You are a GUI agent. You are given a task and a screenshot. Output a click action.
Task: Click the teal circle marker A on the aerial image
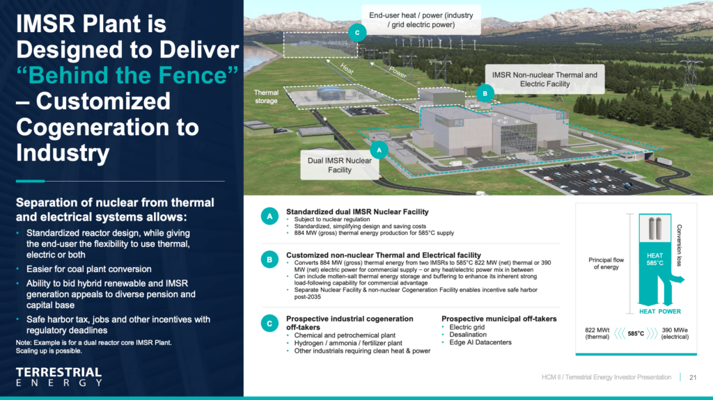point(379,150)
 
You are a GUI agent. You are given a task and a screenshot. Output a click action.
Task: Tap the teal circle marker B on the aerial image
point(485,94)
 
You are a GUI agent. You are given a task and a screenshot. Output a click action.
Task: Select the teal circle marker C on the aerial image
point(357,33)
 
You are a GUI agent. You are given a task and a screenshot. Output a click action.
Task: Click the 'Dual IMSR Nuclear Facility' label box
point(340,165)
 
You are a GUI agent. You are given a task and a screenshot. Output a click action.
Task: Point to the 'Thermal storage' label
point(266,97)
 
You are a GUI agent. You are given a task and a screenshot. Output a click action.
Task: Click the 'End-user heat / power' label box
point(421,20)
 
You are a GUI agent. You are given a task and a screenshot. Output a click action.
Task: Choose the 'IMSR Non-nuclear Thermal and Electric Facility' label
point(544,79)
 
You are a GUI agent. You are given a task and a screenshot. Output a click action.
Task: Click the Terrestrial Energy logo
point(59,377)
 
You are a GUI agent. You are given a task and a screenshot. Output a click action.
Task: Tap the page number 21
point(693,377)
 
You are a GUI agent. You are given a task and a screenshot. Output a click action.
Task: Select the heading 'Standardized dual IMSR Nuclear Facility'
point(357,211)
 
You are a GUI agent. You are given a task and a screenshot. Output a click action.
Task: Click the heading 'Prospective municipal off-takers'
point(499,319)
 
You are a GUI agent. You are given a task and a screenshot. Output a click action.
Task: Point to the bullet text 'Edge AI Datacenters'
point(480,342)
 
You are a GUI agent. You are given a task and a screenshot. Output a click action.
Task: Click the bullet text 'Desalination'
point(468,335)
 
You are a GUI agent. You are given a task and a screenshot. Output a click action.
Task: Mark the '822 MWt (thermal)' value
point(597,334)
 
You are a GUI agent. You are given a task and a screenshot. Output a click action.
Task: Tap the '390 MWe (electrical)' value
point(675,334)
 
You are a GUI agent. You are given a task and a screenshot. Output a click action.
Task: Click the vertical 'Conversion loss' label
point(680,245)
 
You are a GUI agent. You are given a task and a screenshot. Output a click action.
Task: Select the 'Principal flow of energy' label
point(606,263)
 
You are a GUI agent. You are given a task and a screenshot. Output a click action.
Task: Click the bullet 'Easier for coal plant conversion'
point(88,269)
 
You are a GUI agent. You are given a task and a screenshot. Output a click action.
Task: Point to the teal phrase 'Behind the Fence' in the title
point(127,75)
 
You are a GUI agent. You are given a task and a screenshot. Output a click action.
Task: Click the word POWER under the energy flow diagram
point(670,312)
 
